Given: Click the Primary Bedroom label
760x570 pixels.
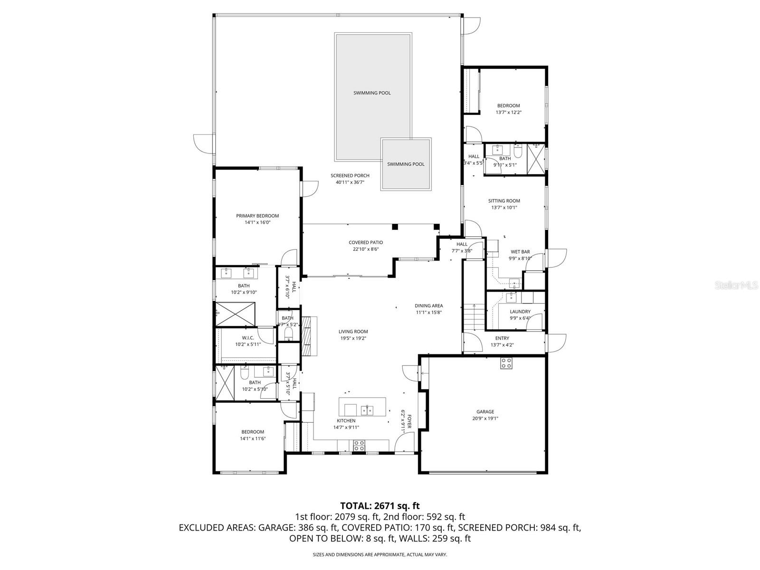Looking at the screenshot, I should [257, 216].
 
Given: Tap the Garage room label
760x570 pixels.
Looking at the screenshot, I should [485, 412].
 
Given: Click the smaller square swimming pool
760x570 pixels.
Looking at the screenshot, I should [406, 164].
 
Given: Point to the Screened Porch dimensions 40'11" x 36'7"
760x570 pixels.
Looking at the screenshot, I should [350, 182].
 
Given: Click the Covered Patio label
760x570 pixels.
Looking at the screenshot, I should [365, 242].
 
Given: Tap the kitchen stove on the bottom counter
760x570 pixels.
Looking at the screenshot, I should [359, 446].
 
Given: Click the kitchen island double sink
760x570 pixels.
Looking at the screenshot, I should [367, 409].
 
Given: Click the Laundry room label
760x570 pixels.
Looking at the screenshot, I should [520, 312].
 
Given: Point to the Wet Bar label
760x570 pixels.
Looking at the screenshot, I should [520, 252].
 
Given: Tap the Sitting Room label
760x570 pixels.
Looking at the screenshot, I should [504, 201].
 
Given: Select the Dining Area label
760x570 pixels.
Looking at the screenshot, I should [429, 306].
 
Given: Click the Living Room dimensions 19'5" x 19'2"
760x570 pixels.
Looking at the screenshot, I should [353, 339].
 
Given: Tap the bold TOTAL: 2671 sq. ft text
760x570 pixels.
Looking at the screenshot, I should [380, 506].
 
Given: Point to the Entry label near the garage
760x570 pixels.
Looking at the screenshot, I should [502, 338].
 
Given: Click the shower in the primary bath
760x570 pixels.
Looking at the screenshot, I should [236, 313].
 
